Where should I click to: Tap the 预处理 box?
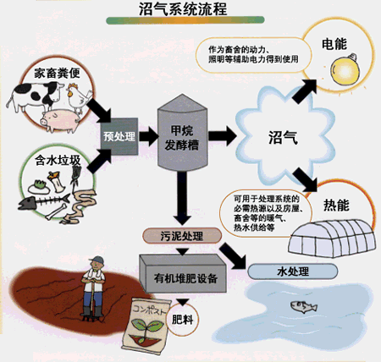click(119, 133)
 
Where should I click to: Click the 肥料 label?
click(182, 320)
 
